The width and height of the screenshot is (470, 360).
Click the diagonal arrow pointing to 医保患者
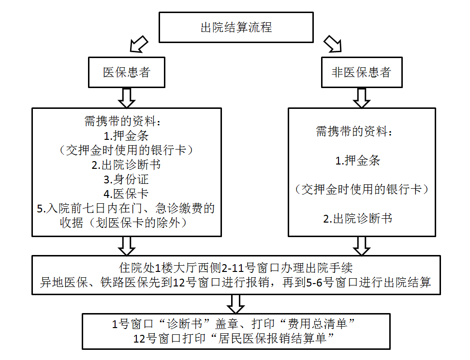tap(138, 45)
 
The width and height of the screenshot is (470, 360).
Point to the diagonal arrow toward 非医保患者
tap(333, 44)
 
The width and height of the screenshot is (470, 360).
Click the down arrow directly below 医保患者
tap(127, 98)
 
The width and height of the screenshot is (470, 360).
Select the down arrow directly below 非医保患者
tap(362, 98)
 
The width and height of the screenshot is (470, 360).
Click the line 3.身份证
tap(126, 180)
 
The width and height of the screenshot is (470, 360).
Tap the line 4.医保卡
tap(126, 194)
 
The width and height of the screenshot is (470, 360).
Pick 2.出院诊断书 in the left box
tap(126, 165)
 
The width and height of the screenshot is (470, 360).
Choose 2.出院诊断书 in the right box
tap(358, 218)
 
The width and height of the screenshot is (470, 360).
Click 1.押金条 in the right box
tap(358, 161)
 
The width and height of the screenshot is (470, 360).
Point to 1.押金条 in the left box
tap(126, 136)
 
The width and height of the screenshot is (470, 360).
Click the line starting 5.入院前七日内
tap(126, 208)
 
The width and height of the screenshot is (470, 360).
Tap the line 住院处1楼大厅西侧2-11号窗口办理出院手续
tap(236, 268)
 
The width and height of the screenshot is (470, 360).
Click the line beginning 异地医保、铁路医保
tap(235, 282)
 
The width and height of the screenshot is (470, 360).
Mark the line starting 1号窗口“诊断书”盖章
tap(233, 324)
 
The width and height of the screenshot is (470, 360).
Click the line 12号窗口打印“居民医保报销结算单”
tap(233, 338)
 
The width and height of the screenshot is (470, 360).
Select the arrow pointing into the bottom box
tap(236, 304)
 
